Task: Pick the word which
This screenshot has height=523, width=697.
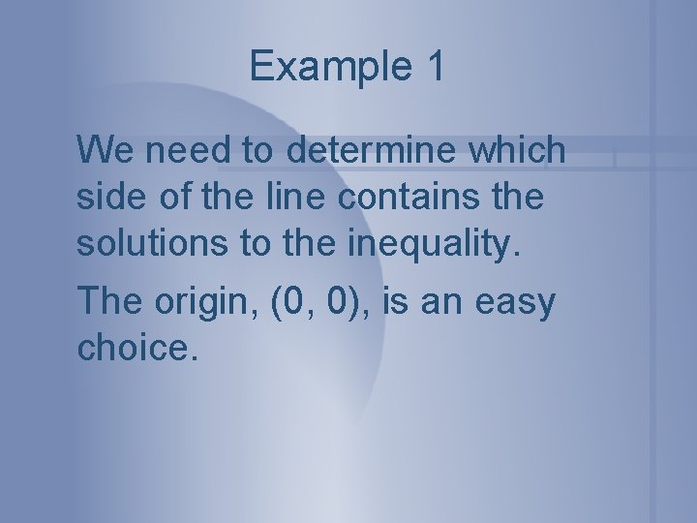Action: tap(522, 150)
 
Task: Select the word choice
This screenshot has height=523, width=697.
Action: tap(135, 348)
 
